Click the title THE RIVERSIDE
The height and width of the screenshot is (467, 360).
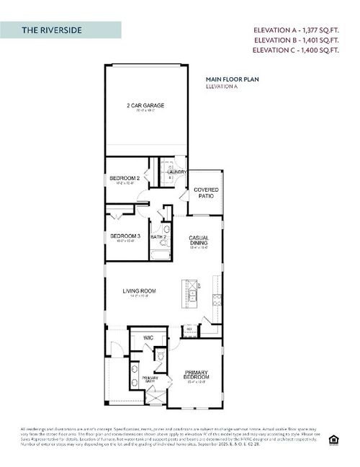click(51, 30)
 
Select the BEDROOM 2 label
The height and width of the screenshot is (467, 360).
click(124, 177)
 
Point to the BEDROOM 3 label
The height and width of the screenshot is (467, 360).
click(124, 236)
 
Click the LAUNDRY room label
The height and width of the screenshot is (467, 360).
click(177, 172)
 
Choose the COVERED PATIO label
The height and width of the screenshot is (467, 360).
click(207, 192)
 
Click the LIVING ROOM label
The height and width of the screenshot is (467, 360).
click(138, 291)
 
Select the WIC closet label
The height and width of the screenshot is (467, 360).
click(148, 337)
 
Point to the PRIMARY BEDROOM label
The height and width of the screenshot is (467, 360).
click(196, 375)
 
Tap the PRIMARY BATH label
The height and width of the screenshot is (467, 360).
click(150, 380)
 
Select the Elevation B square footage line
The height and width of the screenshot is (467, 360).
click(295, 41)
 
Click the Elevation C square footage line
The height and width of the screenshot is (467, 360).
click(295, 51)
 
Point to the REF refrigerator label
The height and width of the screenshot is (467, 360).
click(189, 329)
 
